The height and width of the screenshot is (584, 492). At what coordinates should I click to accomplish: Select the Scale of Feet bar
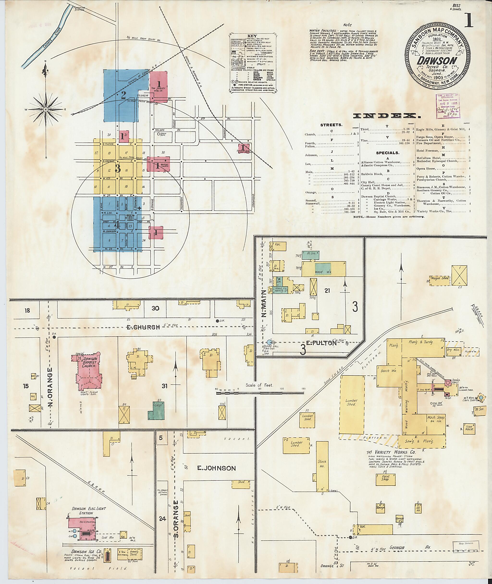tap(260, 392)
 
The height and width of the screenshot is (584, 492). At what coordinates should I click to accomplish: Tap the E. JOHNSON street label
tap(216, 468)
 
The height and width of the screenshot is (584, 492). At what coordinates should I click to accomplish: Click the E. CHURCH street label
tap(147, 327)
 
